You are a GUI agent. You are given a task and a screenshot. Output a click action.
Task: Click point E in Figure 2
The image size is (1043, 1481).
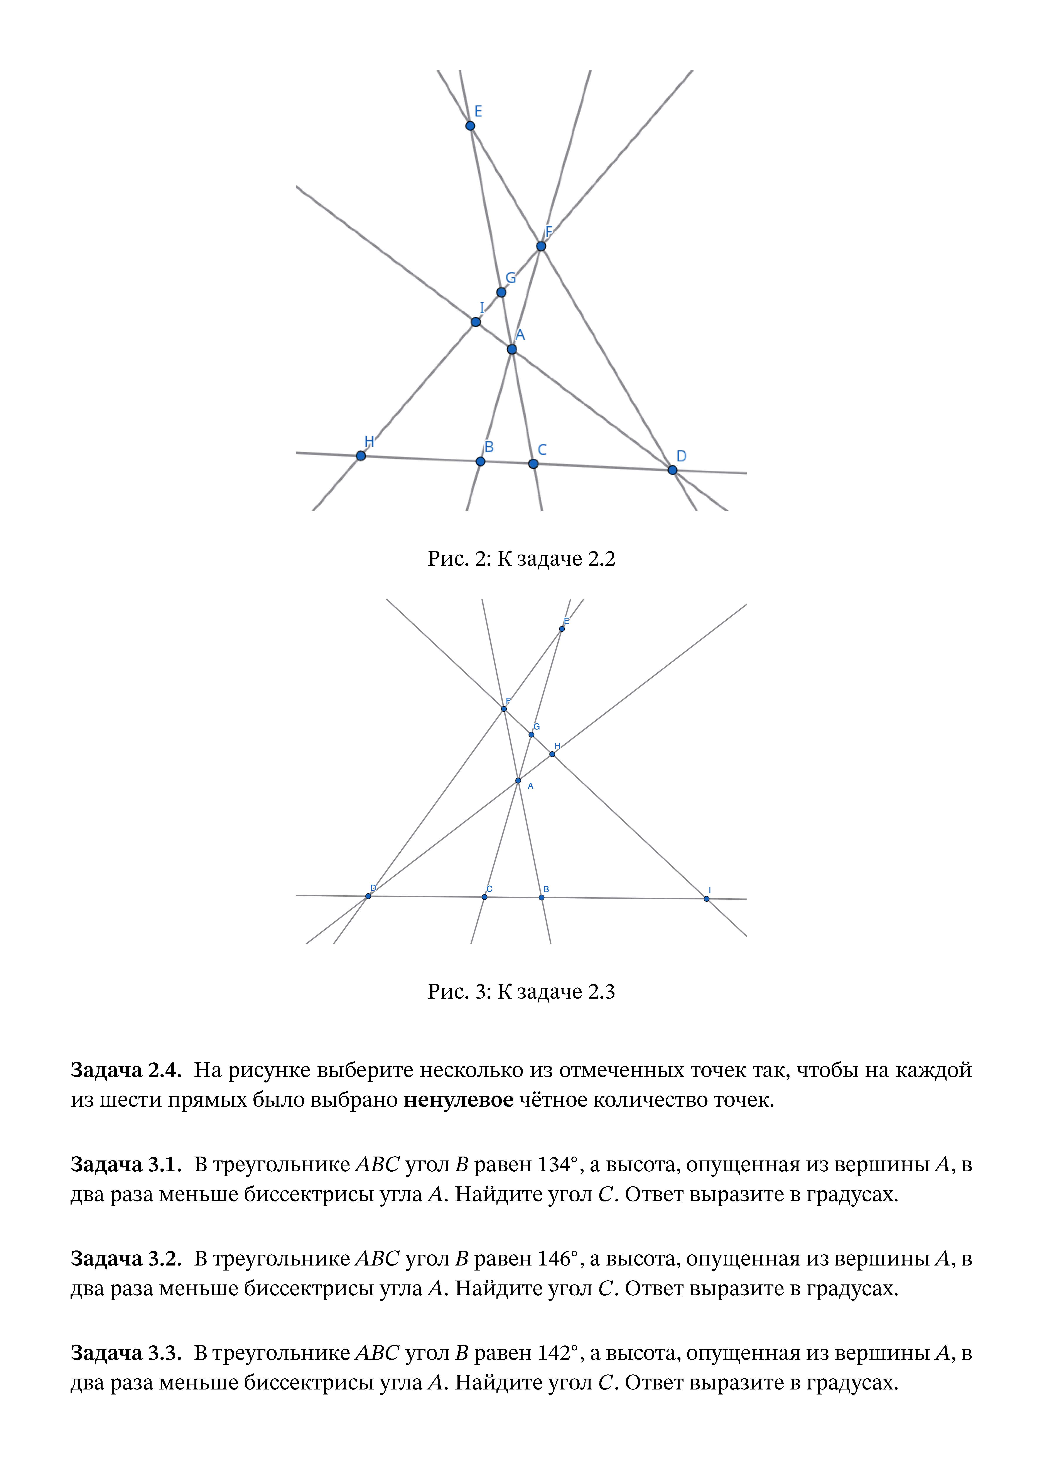(470, 126)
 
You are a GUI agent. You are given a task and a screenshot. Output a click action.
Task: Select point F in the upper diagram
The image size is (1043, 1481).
(541, 246)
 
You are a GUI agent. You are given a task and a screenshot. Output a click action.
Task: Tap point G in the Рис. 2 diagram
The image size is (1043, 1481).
(501, 292)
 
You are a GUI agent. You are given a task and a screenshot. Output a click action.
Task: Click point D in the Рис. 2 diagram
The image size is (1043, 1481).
(672, 470)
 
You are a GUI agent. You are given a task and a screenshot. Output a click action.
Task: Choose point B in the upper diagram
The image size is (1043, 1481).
(480, 461)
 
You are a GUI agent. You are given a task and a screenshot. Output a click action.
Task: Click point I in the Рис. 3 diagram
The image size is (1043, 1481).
(707, 899)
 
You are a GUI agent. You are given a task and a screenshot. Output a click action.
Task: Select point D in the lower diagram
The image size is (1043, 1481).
(368, 896)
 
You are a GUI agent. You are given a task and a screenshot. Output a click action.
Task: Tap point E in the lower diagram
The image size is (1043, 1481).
(562, 629)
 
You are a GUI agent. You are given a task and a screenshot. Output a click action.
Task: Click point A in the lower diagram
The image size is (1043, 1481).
(518, 780)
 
